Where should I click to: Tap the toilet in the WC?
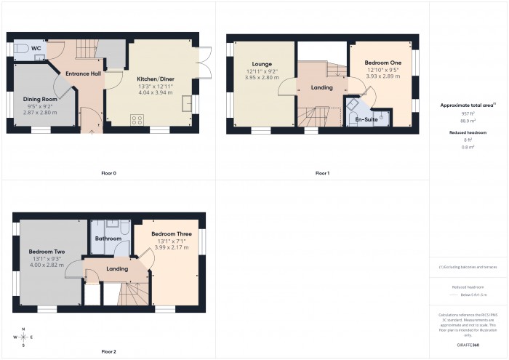click(x=21, y=48)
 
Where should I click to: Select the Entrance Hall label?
click(x=83, y=73)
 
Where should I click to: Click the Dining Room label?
click(x=39, y=98)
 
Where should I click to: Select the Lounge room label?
click(x=262, y=64)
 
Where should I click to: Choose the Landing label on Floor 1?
click(x=321, y=88)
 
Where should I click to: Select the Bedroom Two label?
click(x=47, y=252)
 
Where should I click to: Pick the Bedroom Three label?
click(x=171, y=233)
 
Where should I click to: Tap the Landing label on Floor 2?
click(x=117, y=269)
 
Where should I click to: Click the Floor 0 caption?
click(x=108, y=173)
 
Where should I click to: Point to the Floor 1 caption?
click(x=322, y=173)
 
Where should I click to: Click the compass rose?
click(x=24, y=337)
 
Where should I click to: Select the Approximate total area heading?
click(x=468, y=105)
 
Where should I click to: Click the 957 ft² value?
click(x=468, y=114)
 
